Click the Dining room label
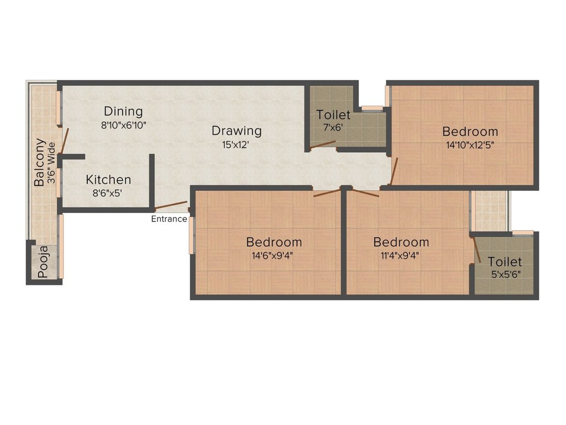click(123, 111)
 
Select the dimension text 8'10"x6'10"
click(123, 125)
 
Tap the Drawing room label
click(237, 131)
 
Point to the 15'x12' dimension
click(237, 145)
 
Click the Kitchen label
click(108, 180)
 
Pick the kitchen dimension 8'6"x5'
click(108, 194)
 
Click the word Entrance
click(169, 219)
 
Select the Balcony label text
click(39, 162)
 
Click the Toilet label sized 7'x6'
click(333, 115)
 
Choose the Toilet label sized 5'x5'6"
click(505, 262)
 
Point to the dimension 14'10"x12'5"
click(470, 146)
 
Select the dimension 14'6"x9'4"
click(274, 256)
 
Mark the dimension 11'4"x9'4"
click(401, 256)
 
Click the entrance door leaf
click(171, 206)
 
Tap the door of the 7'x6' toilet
click(323, 145)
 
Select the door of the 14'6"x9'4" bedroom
click(327, 193)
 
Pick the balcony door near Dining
click(65, 141)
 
